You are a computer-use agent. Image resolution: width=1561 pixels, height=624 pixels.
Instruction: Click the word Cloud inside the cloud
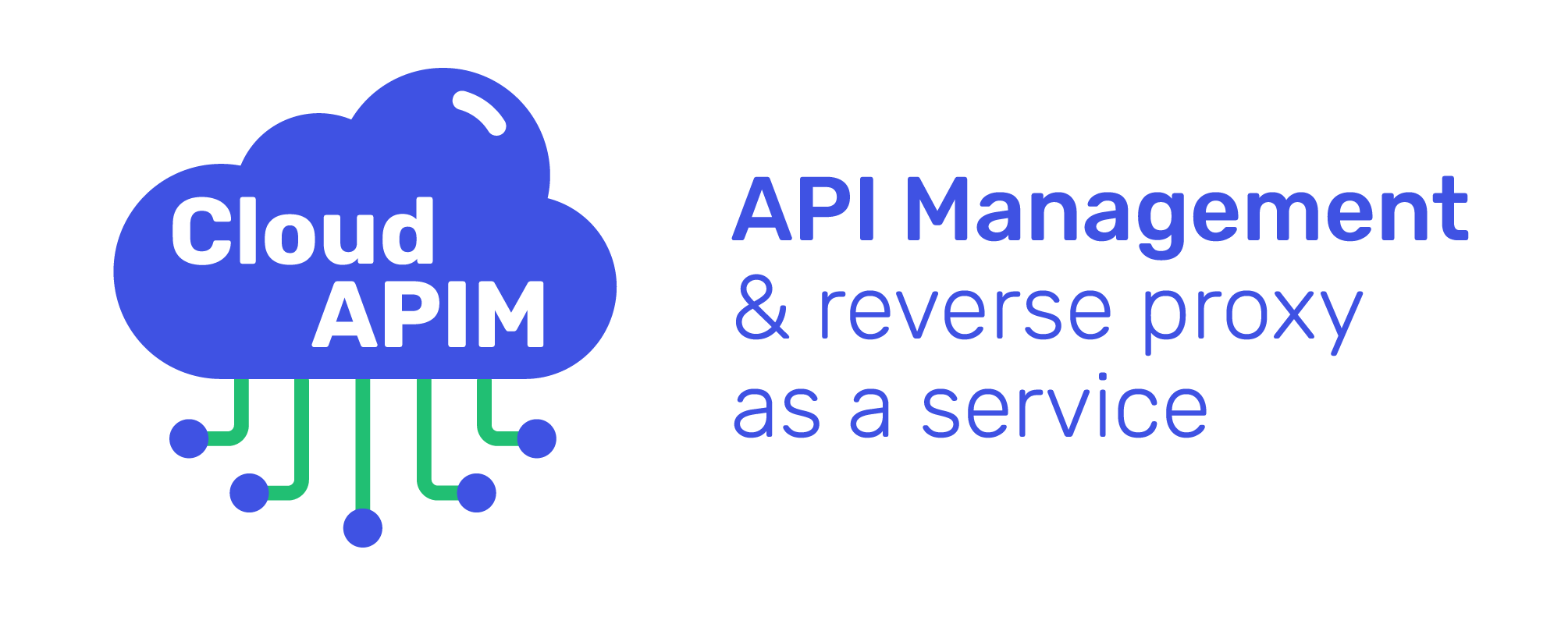click(x=302, y=231)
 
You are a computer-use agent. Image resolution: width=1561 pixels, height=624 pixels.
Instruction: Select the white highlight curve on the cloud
click(x=479, y=112)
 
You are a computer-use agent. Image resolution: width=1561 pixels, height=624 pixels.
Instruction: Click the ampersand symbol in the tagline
click(x=762, y=311)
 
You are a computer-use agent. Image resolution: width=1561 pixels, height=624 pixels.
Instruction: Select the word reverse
click(x=965, y=314)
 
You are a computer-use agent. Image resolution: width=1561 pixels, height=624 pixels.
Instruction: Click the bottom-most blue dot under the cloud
click(x=363, y=528)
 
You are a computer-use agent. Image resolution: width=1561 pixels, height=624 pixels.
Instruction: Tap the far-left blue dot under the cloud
click(x=189, y=438)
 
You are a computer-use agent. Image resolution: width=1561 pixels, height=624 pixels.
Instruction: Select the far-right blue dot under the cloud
click(x=537, y=438)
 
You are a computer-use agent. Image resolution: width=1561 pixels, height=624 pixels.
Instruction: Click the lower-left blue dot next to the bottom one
click(x=250, y=492)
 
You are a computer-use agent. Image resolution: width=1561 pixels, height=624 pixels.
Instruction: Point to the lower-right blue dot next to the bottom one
click(x=476, y=492)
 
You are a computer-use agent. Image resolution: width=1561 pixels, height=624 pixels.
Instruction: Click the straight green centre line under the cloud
click(x=363, y=445)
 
